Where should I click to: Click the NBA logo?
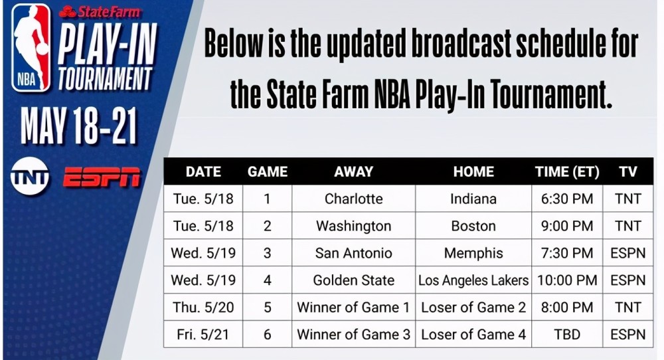(x=31, y=47)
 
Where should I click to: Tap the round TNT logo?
(x=30, y=176)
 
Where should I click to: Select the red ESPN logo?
(x=102, y=177)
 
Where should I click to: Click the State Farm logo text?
(x=100, y=12)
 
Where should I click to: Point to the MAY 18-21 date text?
(x=79, y=126)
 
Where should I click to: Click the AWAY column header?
(x=354, y=171)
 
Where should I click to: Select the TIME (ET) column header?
(x=567, y=171)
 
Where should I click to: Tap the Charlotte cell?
(x=354, y=199)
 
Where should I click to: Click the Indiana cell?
(x=473, y=199)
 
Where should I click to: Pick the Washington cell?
(x=354, y=226)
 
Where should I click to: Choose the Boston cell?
(x=473, y=226)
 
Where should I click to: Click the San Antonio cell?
(x=354, y=253)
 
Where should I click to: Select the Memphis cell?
(x=473, y=253)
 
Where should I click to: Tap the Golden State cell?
(x=354, y=280)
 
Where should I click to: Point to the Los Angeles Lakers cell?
(x=473, y=280)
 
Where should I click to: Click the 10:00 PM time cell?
(x=567, y=280)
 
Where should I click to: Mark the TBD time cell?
(x=567, y=334)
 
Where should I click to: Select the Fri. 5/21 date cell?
(x=203, y=334)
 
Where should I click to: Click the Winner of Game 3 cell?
(x=354, y=334)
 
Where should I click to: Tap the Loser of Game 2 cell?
(x=473, y=307)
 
